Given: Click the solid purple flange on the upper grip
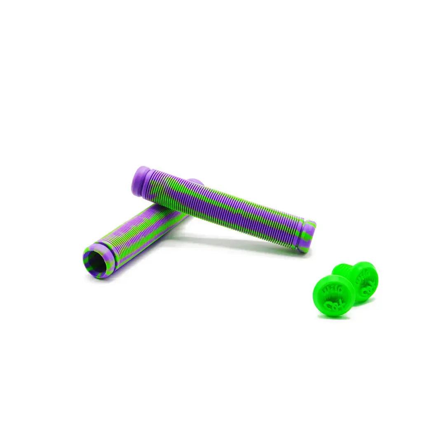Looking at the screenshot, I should tap(140, 180).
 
